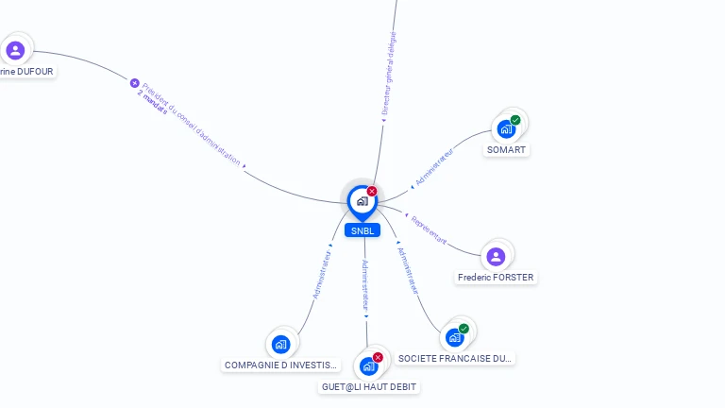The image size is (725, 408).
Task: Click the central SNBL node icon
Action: tap(362, 201)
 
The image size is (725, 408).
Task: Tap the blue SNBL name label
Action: tap(362, 230)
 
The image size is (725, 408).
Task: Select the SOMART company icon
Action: tap(506, 128)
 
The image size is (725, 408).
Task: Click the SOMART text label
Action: tap(507, 150)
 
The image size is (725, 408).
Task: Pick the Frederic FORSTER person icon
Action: tap(496, 256)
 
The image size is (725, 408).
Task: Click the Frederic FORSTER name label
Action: tap(496, 278)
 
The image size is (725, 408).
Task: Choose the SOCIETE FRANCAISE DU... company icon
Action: tap(455, 337)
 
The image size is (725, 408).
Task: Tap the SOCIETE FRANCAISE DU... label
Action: tap(455, 359)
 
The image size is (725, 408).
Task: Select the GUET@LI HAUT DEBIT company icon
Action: tap(368, 365)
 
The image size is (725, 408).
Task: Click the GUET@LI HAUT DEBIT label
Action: tap(368, 387)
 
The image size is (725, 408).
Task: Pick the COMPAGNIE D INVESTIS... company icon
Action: tap(280, 344)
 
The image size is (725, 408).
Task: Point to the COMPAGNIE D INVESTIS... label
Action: tap(280, 365)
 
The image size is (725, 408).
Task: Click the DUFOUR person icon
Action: tap(14, 50)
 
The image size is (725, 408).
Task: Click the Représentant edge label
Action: tap(429, 229)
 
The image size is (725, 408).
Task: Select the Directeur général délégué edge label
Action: tap(389, 73)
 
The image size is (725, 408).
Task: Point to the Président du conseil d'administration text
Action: tap(193, 124)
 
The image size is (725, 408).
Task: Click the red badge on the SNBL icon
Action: tap(372, 191)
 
